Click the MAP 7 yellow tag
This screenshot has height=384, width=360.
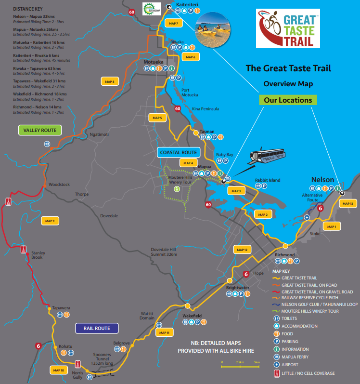(173, 23)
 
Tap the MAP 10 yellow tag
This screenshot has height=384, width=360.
(58, 370)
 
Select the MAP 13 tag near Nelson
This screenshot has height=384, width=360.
(347, 204)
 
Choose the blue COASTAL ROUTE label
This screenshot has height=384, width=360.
(179, 152)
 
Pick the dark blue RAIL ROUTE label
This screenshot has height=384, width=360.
(97, 329)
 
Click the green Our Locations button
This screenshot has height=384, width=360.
(288, 100)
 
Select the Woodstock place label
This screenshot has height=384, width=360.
(59, 185)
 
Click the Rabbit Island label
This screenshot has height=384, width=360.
(268, 180)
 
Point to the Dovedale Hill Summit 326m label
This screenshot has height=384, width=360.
(164, 252)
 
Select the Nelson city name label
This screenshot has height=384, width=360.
(322, 180)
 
